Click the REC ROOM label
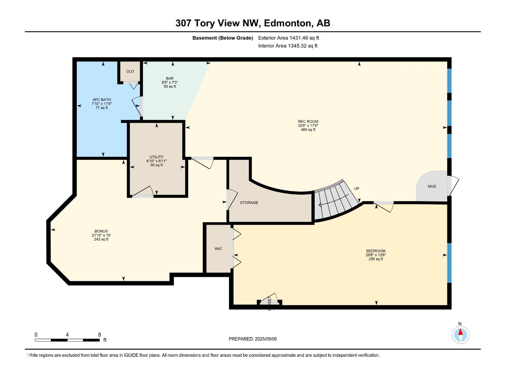coord(308,122)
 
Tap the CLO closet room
coord(130,72)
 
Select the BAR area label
coord(170,79)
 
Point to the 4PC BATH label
coord(102,100)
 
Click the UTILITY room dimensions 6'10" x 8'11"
coord(156,161)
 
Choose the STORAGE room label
coord(249,203)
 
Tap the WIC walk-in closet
coord(218,249)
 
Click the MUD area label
coord(432,187)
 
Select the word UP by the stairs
coord(356,189)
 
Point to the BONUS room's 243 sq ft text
coord(101,239)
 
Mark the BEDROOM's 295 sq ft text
coord(376,259)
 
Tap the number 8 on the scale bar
coord(99,335)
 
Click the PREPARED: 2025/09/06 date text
coord(253,339)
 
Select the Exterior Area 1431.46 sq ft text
coord(288,38)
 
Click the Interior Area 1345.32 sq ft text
coord(287,46)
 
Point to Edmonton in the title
coord(287,23)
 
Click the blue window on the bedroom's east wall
coord(449,263)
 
